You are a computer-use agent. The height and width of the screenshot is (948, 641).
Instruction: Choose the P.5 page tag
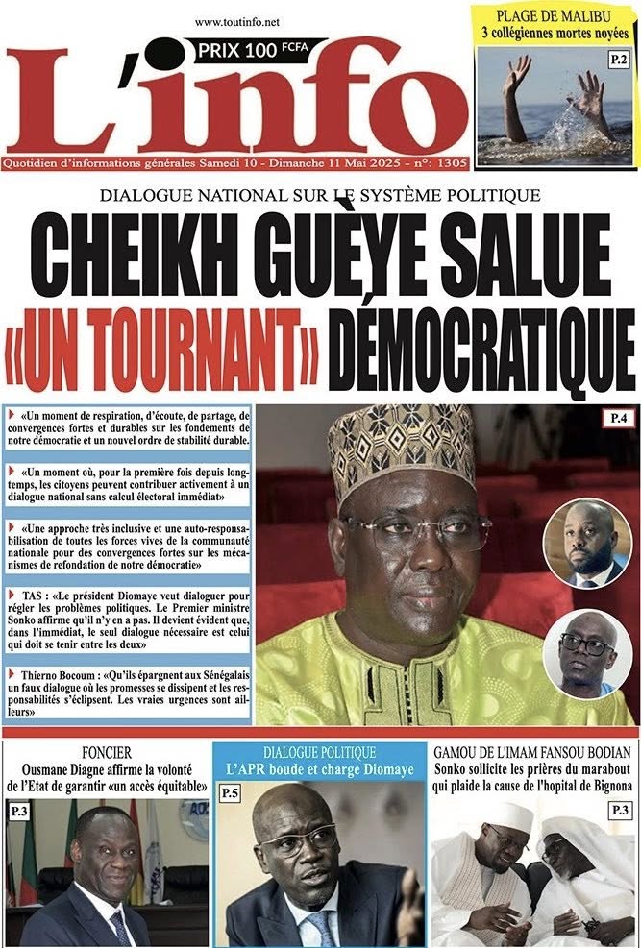231,793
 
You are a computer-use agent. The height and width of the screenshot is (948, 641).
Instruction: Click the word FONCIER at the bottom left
107,753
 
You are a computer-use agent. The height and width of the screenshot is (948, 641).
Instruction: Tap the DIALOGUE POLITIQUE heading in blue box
319,753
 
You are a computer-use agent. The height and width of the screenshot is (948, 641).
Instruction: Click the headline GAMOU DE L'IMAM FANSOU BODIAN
532,753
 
